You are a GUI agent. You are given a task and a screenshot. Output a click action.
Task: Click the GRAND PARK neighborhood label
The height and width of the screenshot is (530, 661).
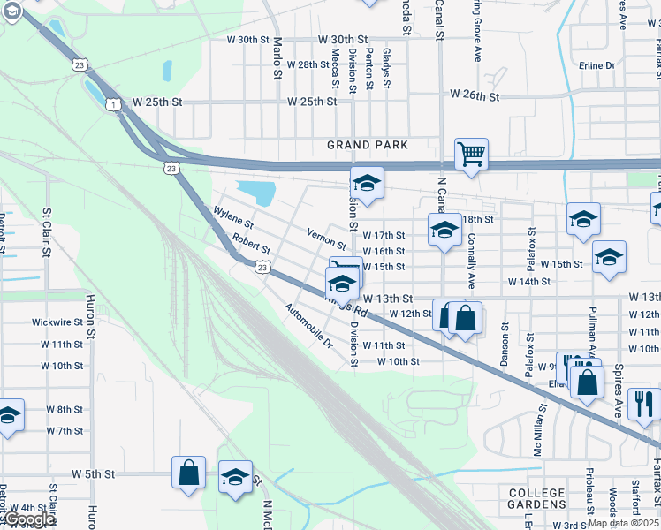tap(367, 145)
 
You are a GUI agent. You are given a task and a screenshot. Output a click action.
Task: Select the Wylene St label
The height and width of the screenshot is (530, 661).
tap(233, 216)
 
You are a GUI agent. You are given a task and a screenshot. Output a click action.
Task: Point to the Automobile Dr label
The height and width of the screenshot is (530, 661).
tap(308, 325)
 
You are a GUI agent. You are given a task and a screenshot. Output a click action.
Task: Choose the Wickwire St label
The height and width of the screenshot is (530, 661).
tap(57, 322)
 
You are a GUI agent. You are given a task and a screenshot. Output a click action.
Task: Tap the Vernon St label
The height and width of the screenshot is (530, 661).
tap(326, 238)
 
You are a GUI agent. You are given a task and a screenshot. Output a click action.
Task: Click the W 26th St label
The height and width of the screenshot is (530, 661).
tap(475, 95)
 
